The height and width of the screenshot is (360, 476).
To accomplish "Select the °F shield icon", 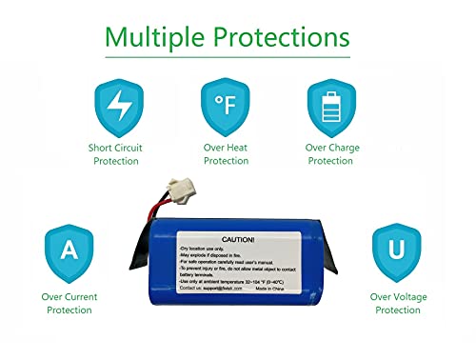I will click(x=226, y=107).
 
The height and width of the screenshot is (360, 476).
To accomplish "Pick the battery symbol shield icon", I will click(x=330, y=107).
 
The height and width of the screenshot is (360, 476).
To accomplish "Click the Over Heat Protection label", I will click(x=226, y=154).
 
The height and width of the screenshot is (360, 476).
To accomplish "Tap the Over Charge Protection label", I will click(x=330, y=154).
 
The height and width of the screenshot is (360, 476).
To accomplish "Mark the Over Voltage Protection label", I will click(x=397, y=303).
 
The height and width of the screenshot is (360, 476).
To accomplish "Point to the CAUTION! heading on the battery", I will click(x=237, y=240).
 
